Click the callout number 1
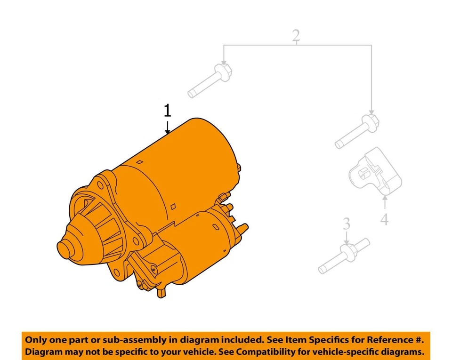click(167, 112)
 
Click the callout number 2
click(296, 35)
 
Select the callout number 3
click(347, 224)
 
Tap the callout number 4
click(385, 219)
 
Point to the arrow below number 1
click(167, 127)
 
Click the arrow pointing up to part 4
click(385, 203)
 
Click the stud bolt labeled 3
click(344, 256)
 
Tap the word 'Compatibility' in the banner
click(267, 352)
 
